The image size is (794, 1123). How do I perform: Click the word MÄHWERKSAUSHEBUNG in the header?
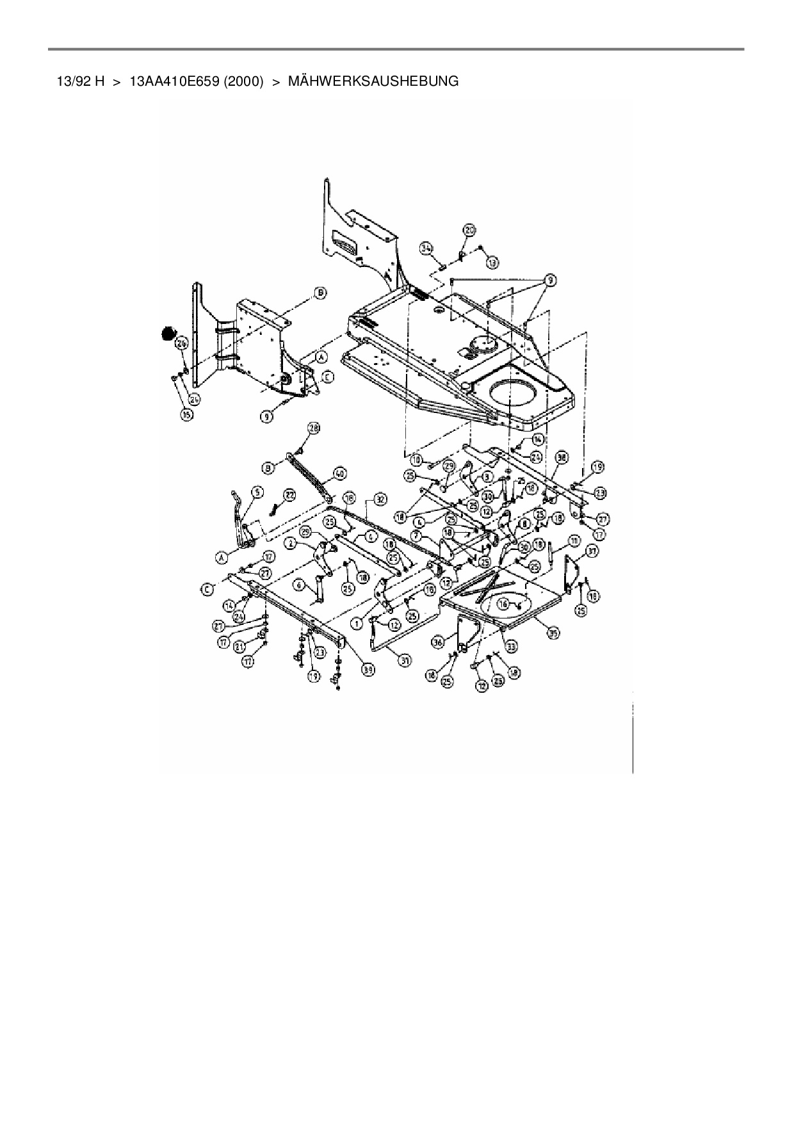[x=373, y=81]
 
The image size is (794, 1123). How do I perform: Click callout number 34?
[x=427, y=248]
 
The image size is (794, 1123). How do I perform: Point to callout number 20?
[x=469, y=230]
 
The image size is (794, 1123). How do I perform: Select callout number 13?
[x=492, y=263]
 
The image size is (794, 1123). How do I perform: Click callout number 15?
[x=186, y=415]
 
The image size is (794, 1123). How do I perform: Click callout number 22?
[x=290, y=494]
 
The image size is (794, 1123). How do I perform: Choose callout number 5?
[x=257, y=492]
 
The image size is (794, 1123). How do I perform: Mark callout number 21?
[x=241, y=646]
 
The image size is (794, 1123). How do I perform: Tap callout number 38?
[x=562, y=458]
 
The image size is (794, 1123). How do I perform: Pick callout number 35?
[x=554, y=633]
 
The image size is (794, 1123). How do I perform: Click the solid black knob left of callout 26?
[x=168, y=333]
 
